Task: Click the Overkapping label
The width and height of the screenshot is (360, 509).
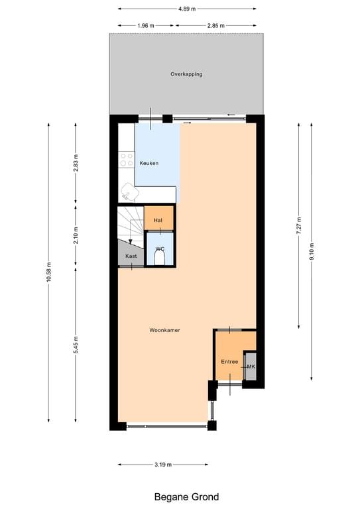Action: point(186,74)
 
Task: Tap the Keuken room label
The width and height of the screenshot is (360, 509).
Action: point(149,163)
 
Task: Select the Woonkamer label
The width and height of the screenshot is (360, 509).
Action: point(164,330)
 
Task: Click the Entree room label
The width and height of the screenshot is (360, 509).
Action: point(229,361)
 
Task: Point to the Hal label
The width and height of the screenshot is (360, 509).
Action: point(158,220)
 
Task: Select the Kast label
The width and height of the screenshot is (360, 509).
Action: point(131,255)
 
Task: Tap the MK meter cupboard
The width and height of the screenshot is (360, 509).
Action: point(251,367)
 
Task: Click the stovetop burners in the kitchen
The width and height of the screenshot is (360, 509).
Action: point(126,160)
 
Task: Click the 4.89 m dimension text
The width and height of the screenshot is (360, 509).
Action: point(187,9)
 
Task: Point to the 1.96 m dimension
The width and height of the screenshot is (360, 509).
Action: point(145,26)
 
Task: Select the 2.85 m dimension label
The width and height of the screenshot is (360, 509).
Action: point(215,26)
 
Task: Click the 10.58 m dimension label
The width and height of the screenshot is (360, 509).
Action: point(48,272)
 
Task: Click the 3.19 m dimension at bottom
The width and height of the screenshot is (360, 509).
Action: point(163,465)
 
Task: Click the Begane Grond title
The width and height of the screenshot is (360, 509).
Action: point(186,496)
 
